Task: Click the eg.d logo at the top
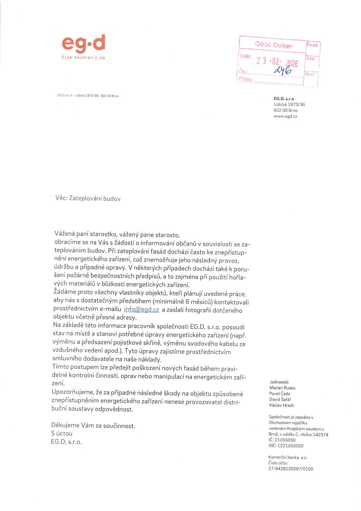pyautogui.click(x=83, y=43)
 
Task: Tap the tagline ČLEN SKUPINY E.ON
pyautogui.click(x=84, y=58)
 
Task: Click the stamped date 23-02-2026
pyautogui.click(x=277, y=61)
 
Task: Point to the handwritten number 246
pyautogui.click(x=283, y=70)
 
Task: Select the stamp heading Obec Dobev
pyautogui.click(x=273, y=45)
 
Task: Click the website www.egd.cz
pyautogui.click(x=285, y=116)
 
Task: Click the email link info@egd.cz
pyautogui.click(x=141, y=309)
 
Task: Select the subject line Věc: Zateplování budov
pyautogui.click(x=88, y=198)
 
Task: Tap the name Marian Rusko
pyautogui.click(x=282, y=388)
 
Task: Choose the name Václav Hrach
pyautogui.click(x=281, y=405)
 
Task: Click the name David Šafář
pyautogui.click(x=280, y=400)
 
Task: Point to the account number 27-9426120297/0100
pyautogui.click(x=291, y=469)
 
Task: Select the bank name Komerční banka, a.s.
pyautogui.click(x=288, y=457)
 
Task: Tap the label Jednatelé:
pyautogui.click(x=279, y=382)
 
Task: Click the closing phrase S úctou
pyautogui.click(x=62, y=434)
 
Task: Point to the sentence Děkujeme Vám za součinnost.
pyautogui.click(x=93, y=426)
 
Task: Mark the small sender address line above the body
pyautogui.click(x=88, y=96)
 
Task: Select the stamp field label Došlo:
pyautogui.click(x=245, y=56)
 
